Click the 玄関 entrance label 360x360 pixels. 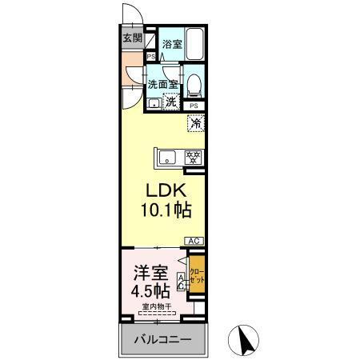coord(132,38)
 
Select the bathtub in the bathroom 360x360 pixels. coord(195,45)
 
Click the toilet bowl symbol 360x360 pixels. coord(194,83)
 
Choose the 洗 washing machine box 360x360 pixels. coord(170,102)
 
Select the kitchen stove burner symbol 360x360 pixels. coord(193,157)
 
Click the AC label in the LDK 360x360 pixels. coord(194,241)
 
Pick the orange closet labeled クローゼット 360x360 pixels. coord(198,275)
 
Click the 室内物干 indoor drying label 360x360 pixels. coord(157,306)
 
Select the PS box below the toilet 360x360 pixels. coord(194,106)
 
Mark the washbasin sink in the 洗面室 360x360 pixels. coord(154,102)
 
